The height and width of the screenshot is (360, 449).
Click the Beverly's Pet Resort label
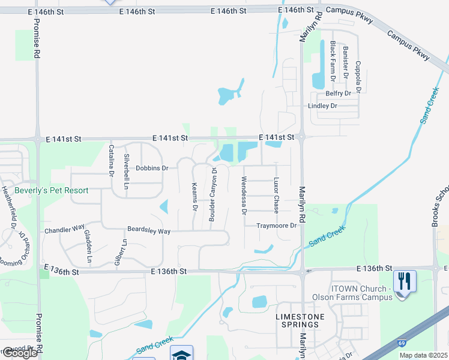click(51, 191)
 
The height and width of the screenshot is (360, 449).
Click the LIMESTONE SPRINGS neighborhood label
click(300, 320)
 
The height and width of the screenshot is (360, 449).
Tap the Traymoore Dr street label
click(277, 226)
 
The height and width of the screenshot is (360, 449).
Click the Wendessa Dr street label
click(244, 195)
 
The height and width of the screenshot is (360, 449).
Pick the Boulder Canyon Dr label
click(212, 195)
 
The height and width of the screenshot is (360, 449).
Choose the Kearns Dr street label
click(194, 197)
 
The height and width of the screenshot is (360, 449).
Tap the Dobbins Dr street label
click(152, 169)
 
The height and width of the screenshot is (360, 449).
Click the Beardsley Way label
click(149, 231)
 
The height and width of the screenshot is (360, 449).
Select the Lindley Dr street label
click(322, 106)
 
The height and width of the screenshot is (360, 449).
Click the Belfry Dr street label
click(338, 94)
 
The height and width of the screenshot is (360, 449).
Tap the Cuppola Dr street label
click(358, 76)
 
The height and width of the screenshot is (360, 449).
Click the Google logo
click(20, 353)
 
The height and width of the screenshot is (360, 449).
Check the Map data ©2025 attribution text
click(423, 355)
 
